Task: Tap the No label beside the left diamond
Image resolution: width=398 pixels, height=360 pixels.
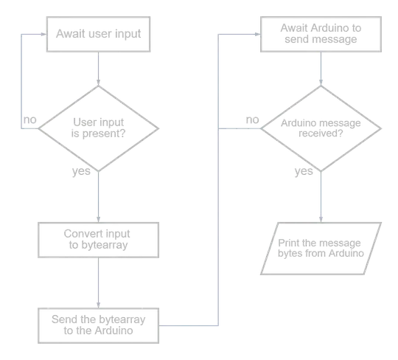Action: click(x=29, y=117)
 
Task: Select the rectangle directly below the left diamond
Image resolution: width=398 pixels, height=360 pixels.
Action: click(x=97, y=240)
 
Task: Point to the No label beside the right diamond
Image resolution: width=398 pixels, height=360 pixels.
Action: click(x=251, y=117)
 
